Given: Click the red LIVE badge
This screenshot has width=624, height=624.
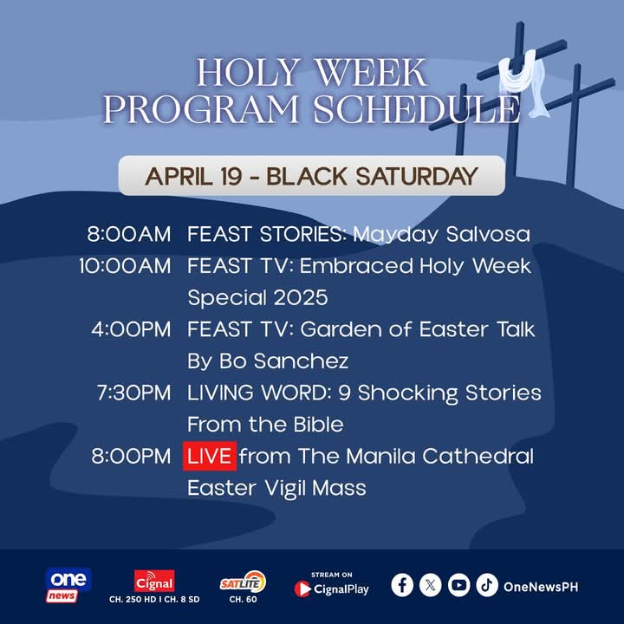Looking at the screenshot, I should [209, 456].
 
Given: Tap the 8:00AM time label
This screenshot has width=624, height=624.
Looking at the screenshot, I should [129, 234].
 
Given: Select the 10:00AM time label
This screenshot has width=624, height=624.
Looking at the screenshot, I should [125, 266].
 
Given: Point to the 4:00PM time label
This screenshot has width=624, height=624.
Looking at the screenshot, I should [131, 329].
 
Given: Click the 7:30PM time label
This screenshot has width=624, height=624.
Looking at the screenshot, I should [133, 393].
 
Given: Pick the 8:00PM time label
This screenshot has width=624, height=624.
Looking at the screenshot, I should [131, 456].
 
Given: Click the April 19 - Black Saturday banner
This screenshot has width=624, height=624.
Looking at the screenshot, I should [311, 176].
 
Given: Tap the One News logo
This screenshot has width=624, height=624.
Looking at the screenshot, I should [67, 585].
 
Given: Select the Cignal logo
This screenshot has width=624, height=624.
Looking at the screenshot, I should [154, 581].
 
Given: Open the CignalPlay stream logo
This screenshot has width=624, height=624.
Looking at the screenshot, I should [331, 588].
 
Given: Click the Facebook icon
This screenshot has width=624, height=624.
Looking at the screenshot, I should [402, 586].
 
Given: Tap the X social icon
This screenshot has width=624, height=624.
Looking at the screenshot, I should [431, 586].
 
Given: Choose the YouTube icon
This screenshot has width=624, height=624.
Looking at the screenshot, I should [458, 586].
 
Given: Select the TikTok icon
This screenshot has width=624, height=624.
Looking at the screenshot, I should [487, 586].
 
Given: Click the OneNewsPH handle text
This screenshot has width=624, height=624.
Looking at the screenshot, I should [540, 587].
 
